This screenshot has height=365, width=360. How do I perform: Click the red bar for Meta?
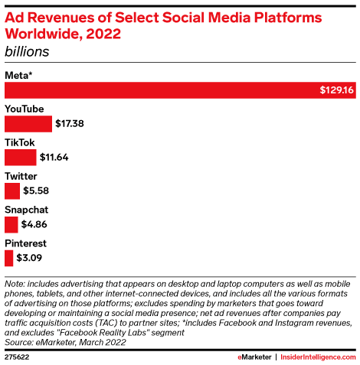pyautogui.click(x=153, y=90)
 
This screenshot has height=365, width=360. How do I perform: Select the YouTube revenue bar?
pyautogui.click(x=28, y=123)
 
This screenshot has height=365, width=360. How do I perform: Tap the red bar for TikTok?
pyautogui.click(x=21, y=157)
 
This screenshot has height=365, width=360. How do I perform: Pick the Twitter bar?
pyautogui.click(x=12, y=191)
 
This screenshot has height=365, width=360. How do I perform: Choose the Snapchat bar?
pyautogui.click(x=11, y=224)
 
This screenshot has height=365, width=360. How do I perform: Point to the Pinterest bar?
pyautogui.click(x=9, y=258)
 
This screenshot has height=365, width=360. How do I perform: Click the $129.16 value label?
pyautogui.click(x=336, y=90)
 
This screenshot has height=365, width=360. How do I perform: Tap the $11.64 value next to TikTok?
pyautogui.click(x=53, y=157)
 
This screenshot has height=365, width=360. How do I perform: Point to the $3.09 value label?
pyautogui.click(x=31, y=258)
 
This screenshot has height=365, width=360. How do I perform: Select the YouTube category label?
pyautogui.click(x=25, y=108)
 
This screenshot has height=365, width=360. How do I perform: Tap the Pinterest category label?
pyautogui.click(x=25, y=243)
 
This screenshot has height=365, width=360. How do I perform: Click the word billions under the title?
pyautogui.click(x=27, y=52)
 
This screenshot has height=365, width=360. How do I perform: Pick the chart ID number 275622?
pyautogui.click(x=18, y=356)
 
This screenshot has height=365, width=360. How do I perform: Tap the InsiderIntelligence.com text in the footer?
pyautogui.click(x=312, y=356)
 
